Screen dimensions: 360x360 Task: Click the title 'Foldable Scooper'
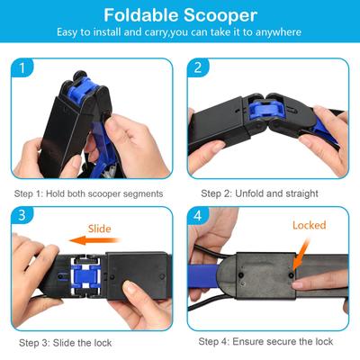[179, 15]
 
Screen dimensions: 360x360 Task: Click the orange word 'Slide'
[100, 229]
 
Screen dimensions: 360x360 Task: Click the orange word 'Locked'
[309, 226]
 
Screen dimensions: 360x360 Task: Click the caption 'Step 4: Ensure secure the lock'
[265, 342]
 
